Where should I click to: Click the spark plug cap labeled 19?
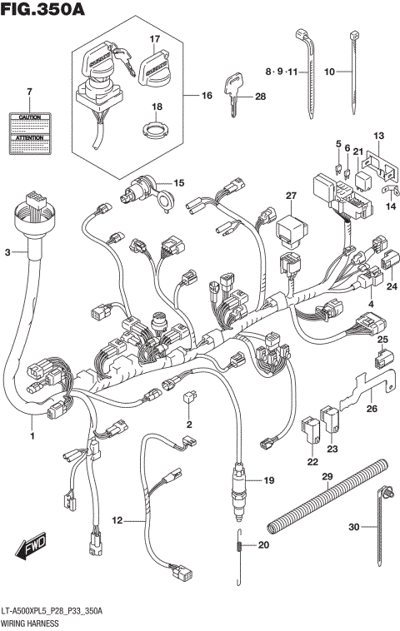(x=241, y=488)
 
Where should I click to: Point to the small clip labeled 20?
(x=240, y=547)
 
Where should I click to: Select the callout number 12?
(x=117, y=520)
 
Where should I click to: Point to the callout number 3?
(x=8, y=251)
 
